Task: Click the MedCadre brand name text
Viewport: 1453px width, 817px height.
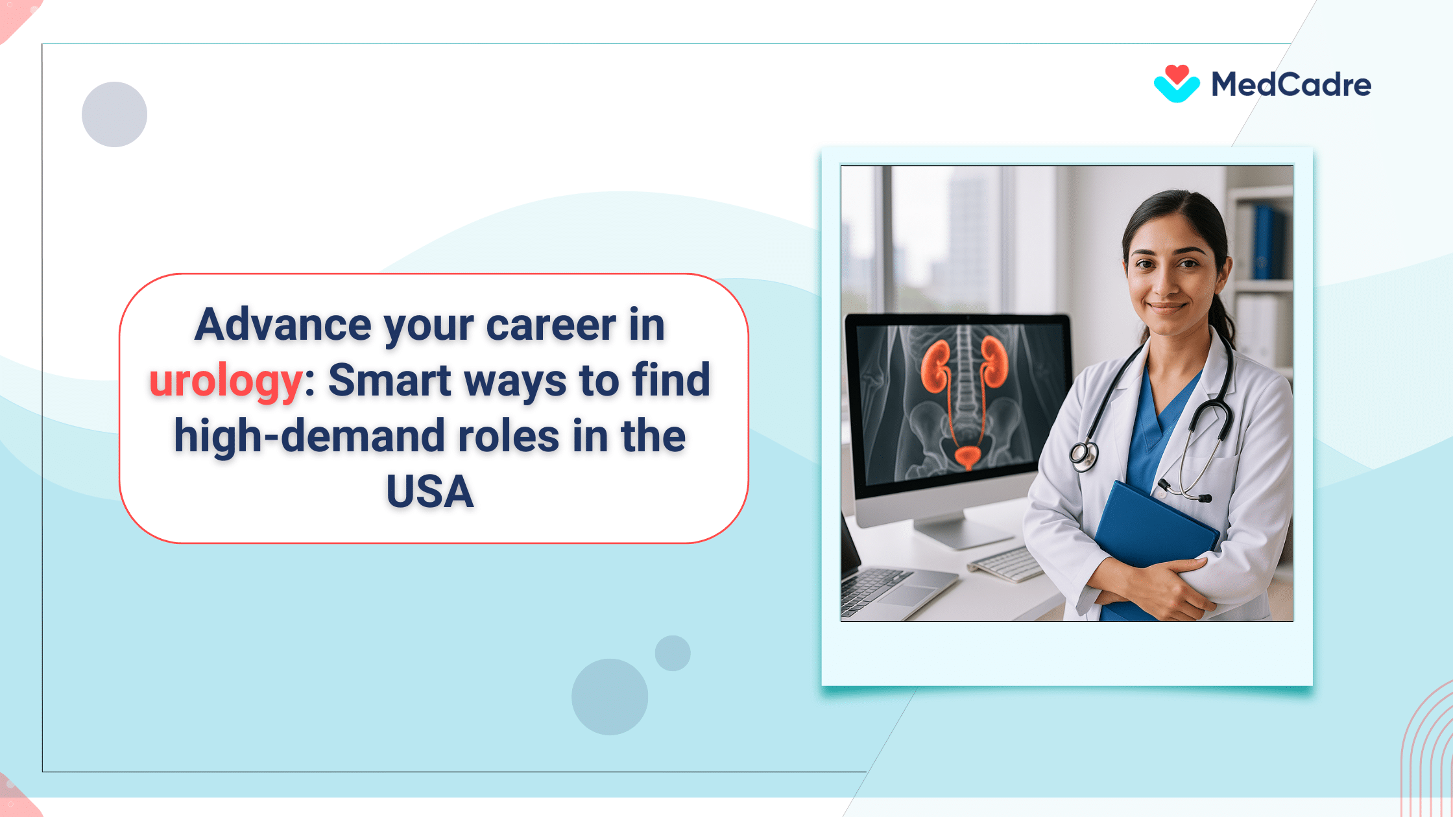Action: pyautogui.click(x=1291, y=85)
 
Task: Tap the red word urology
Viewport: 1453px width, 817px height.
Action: pyautogui.click(x=226, y=381)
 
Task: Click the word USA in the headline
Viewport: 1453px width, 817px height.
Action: pyautogui.click(x=430, y=491)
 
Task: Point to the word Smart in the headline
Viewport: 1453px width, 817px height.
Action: pyautogui.click(x=389, y=380)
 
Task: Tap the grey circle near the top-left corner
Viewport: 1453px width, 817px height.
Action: pyautogui.click(x=114, y=114)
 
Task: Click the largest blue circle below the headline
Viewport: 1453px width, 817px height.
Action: pyautogui.click(x=609, y=696)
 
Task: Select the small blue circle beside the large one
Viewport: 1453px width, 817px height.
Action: pyautogui.click(x=673, y=653)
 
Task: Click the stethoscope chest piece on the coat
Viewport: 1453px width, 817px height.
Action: pyautogui.click(x=1083, y=456)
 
